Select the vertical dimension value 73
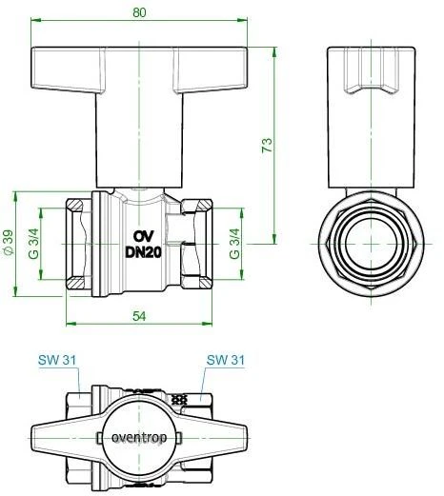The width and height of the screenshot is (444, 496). (x=268, y=145)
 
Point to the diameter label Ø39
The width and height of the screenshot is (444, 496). (x=9, y=246)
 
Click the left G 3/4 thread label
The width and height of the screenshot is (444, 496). (x=31, y=245)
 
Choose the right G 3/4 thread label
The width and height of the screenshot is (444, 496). (x=235, y=246)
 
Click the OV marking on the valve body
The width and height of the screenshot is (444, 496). (x=141, y=236)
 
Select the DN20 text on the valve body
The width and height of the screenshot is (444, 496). (x=141, y=253)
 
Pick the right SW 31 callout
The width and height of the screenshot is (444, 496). (x=226, y=360)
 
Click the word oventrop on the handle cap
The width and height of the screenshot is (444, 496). (x=138, y=439)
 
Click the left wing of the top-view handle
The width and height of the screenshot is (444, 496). (x=62, y=439)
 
